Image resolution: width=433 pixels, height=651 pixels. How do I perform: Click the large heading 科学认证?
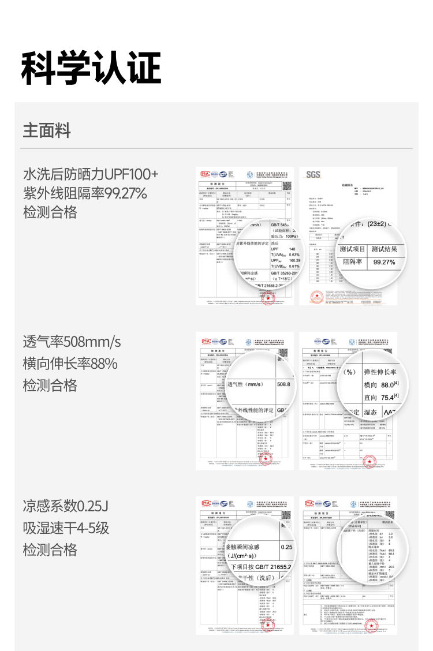pyautogui.click(x=91, y=68)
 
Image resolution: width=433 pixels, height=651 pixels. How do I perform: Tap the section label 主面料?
pyautogui.click(x=47, y=130)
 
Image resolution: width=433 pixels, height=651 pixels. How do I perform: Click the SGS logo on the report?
pyautogui.click(x=312, y=175)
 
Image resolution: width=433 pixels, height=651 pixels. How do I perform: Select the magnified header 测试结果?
pyautogui.click(x=387, y=249)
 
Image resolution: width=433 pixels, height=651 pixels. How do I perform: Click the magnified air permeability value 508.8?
pyautogui.click(x=283, y=384)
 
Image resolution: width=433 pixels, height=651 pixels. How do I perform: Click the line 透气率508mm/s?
pyautogui.click(x=72, y=342)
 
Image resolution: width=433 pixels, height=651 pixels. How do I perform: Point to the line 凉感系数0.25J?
pyautogui.click(x=66, y=506)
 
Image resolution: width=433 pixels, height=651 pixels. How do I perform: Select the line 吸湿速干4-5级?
pyautogui.click(x=66, y=527)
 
